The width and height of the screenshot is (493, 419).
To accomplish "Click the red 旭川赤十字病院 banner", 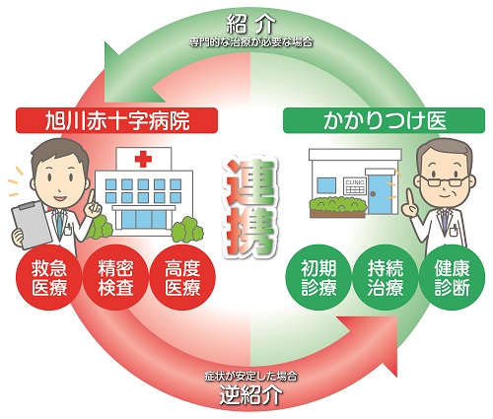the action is coord(116,120).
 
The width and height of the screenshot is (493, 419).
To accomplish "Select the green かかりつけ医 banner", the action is coord(384,120).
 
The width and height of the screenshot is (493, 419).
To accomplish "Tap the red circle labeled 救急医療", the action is coord(49,278).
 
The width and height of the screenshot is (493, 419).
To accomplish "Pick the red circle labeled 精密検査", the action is coord(115,278).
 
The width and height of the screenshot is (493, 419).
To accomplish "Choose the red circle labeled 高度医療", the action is coord(182,278).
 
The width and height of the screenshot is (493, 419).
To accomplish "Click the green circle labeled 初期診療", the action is coord(318,278).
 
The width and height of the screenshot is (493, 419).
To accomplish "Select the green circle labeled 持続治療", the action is coord(386,278).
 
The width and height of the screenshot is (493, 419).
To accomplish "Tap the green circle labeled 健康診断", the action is coord(452,278).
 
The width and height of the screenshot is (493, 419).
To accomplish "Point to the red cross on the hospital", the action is coord(143,159).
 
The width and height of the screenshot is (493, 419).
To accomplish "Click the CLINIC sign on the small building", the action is coord(355,186).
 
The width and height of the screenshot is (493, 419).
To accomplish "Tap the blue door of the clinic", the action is coord(381,194).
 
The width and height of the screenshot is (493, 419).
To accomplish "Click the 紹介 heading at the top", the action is coord(250,25).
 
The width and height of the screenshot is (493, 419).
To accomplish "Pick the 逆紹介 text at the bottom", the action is coord(250,394).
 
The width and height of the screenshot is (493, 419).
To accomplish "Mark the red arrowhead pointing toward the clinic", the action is coord(372,343).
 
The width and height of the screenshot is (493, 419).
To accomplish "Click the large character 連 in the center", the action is coord(249,182).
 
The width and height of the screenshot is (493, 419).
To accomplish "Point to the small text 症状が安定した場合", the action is coord(250,376).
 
